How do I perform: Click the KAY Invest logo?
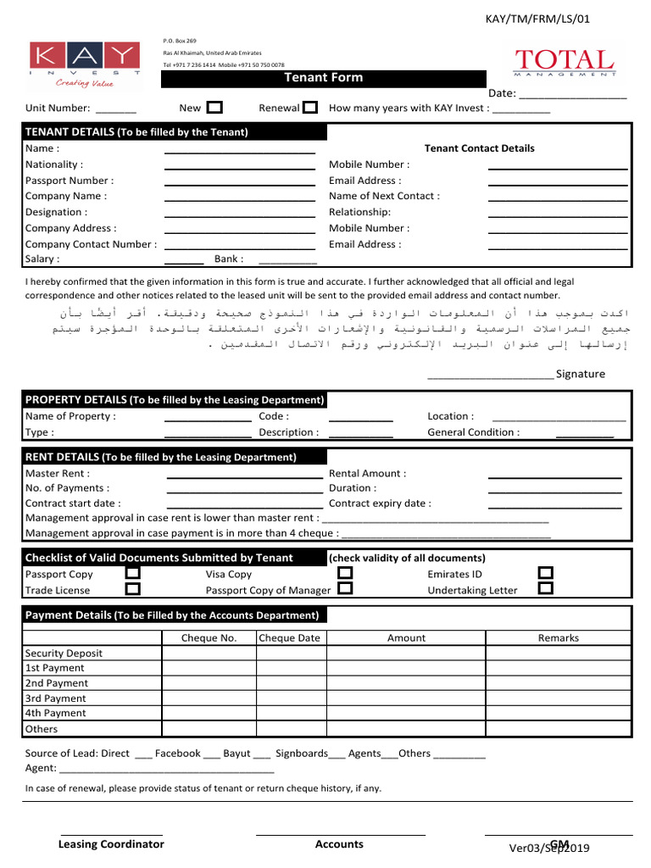[85, 64]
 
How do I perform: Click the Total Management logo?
[565, 63]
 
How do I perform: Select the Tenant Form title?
[323, 77]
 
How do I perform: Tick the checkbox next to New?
[215, 108]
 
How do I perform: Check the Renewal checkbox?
[310, 108]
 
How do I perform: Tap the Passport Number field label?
[70, 181]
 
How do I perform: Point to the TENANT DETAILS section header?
[136, 132]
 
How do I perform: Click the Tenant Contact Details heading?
[479, 148]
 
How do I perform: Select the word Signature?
[581, 374]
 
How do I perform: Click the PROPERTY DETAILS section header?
[174, 400]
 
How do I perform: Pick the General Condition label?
[473, 432]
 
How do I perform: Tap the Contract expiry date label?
[380, 503]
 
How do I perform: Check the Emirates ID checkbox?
[546, 574]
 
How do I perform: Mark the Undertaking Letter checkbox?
[546, 589]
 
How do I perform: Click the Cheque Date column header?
[289, 638]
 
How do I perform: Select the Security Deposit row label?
[64, 654]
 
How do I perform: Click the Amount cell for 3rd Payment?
[406, 698]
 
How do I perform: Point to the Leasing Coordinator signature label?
[111, 844]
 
